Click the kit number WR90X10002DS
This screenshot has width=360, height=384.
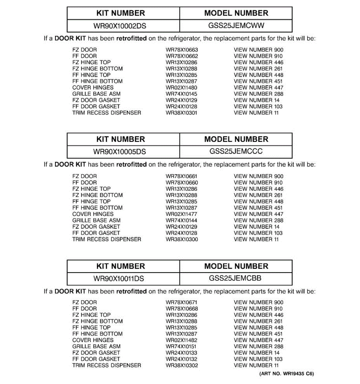(120, 26)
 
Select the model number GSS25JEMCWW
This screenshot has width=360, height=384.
(236, 26)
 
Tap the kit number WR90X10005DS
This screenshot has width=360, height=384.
(120, 152)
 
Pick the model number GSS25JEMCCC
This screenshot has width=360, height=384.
(236, 151)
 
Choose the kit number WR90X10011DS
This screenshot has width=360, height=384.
(119, 279)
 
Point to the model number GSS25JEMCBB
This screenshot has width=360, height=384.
(235, 278)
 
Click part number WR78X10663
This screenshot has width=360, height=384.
(182, 50)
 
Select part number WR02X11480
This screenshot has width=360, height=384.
(181, 88)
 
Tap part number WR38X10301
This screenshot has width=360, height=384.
(181, 113)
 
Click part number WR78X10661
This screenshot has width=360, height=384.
(181, 176)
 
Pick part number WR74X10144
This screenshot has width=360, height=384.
(181, 220)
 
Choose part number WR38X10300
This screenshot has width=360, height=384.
(182, 239)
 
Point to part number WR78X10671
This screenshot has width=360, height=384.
(181, 302)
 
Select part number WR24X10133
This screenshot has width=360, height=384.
(181, 353)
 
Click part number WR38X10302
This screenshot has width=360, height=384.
(182, 365)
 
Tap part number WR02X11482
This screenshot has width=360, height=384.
(181, 340)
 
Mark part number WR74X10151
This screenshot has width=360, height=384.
(181, 347)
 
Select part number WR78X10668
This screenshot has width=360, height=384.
(182, 309)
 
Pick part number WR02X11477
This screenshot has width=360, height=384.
(181, 214)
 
